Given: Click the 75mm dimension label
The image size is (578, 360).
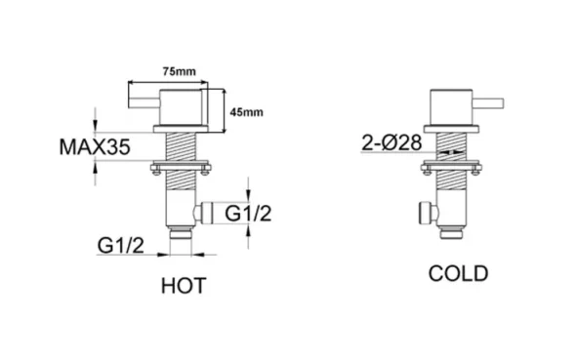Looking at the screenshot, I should coord(177,72).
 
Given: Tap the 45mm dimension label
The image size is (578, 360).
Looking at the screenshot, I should coord(246,113).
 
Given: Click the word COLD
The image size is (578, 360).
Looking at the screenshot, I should coord(458,274).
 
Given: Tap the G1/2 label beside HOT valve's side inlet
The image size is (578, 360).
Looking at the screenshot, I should coord(250,213).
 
